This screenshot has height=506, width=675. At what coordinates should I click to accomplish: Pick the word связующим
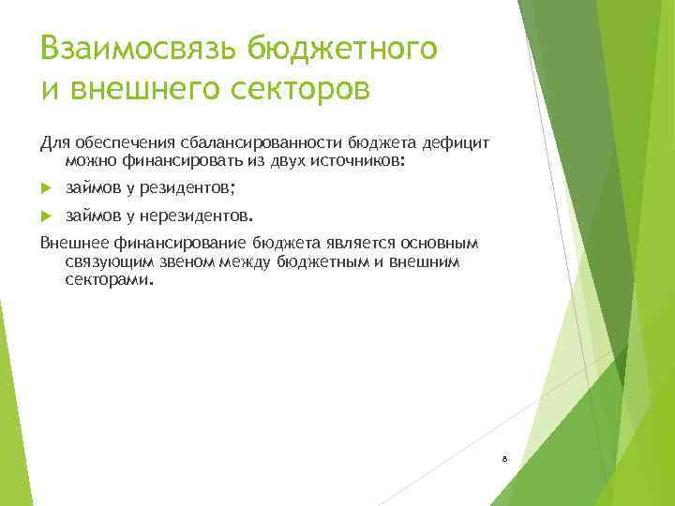coord(103,261)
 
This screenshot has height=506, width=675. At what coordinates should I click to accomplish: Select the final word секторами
coord(106,278)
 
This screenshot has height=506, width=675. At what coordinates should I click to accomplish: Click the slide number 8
coord(504,459)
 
